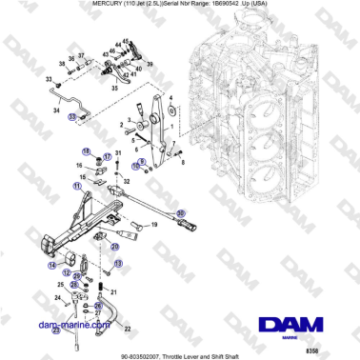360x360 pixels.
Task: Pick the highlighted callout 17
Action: tap(108, 155)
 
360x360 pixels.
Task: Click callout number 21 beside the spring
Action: tap(115, 291)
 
